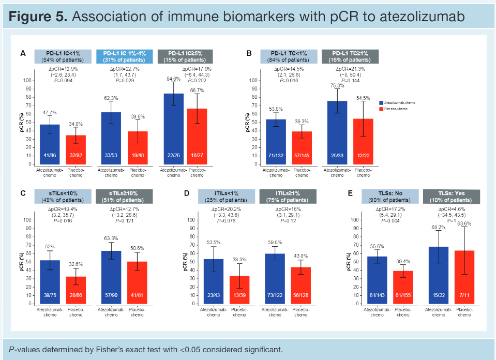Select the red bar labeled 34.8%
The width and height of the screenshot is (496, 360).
(x=75, y=149)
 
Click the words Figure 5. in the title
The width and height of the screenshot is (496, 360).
(x=38, y=17)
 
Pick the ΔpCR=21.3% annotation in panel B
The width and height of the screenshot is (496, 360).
(x=350, y=69)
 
